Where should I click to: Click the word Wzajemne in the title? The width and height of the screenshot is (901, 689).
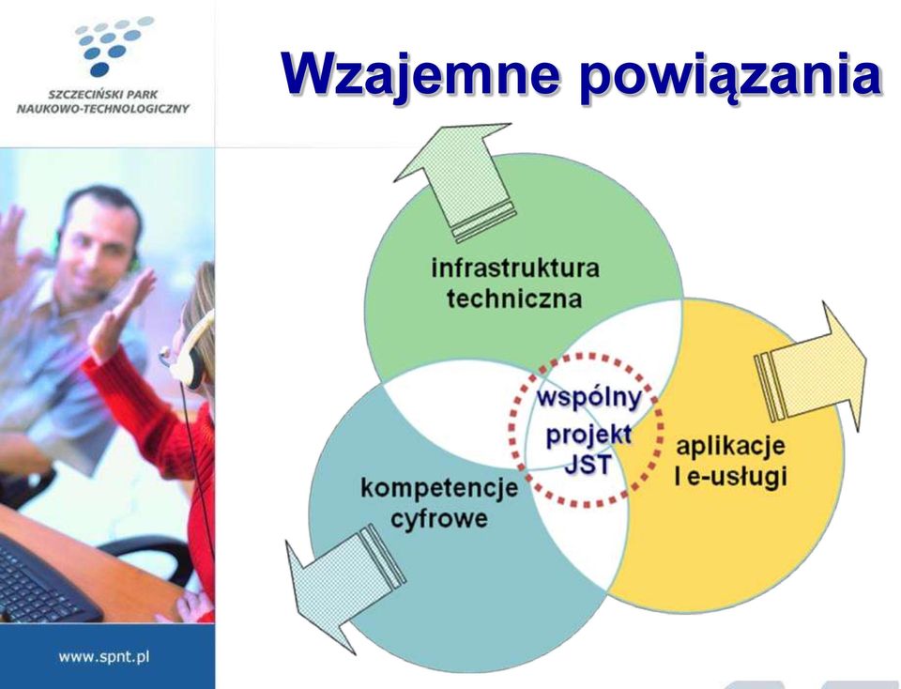420,75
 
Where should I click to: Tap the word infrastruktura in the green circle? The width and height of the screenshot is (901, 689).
515,268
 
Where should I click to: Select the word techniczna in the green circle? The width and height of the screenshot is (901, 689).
514,299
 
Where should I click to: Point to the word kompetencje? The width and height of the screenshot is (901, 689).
439,488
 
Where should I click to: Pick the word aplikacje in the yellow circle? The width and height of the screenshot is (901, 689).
730,447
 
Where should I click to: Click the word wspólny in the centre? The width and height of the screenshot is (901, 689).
588,398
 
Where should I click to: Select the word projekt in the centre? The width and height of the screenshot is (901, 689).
588,435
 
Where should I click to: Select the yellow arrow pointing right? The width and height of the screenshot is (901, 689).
810,367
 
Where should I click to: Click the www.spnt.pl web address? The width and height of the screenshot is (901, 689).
104,656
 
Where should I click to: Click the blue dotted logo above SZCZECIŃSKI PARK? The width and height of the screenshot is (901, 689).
114,46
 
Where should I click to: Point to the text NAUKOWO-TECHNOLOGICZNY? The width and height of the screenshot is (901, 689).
103,109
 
